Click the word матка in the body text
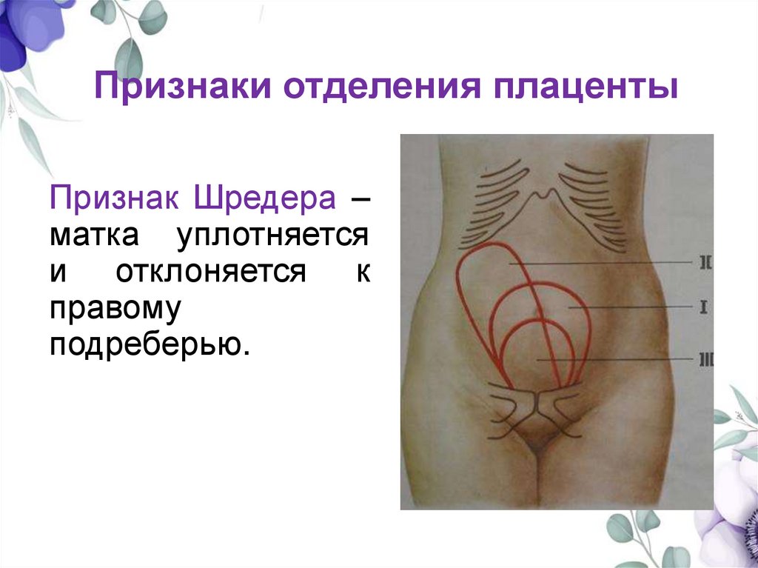point(95,236)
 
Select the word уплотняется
point(273,236)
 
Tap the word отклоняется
point(210,272)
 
